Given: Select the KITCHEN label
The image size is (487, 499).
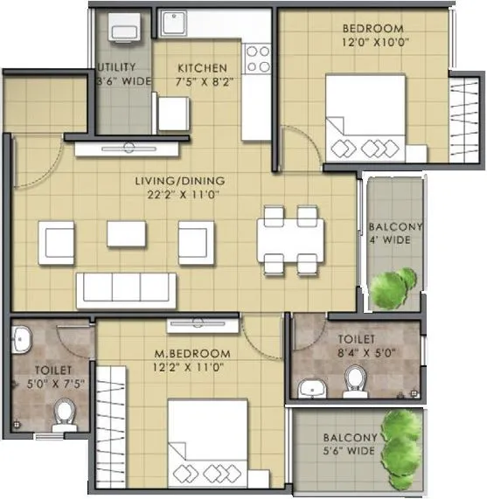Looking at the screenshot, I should pos(203,67).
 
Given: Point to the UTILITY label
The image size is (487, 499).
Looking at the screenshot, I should pos(115,67).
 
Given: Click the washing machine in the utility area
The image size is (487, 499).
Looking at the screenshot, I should pos(124,32).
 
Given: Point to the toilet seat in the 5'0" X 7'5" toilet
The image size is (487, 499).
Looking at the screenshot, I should pos(64,412).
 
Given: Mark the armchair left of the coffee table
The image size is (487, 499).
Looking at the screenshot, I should pos(56,241).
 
